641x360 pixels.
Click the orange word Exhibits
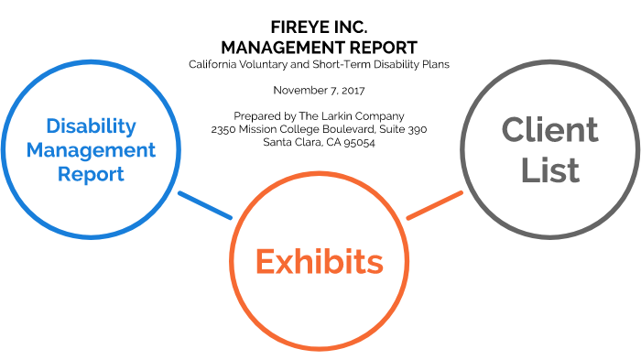pos(319,262)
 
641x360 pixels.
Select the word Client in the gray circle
pos(549,130)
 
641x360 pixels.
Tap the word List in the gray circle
pos(549,169)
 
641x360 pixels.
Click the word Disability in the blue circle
pos(91,125)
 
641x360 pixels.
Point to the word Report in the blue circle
pos(91,172)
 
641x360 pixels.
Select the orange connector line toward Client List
pos(434,205)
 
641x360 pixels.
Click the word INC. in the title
pos(349,28)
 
